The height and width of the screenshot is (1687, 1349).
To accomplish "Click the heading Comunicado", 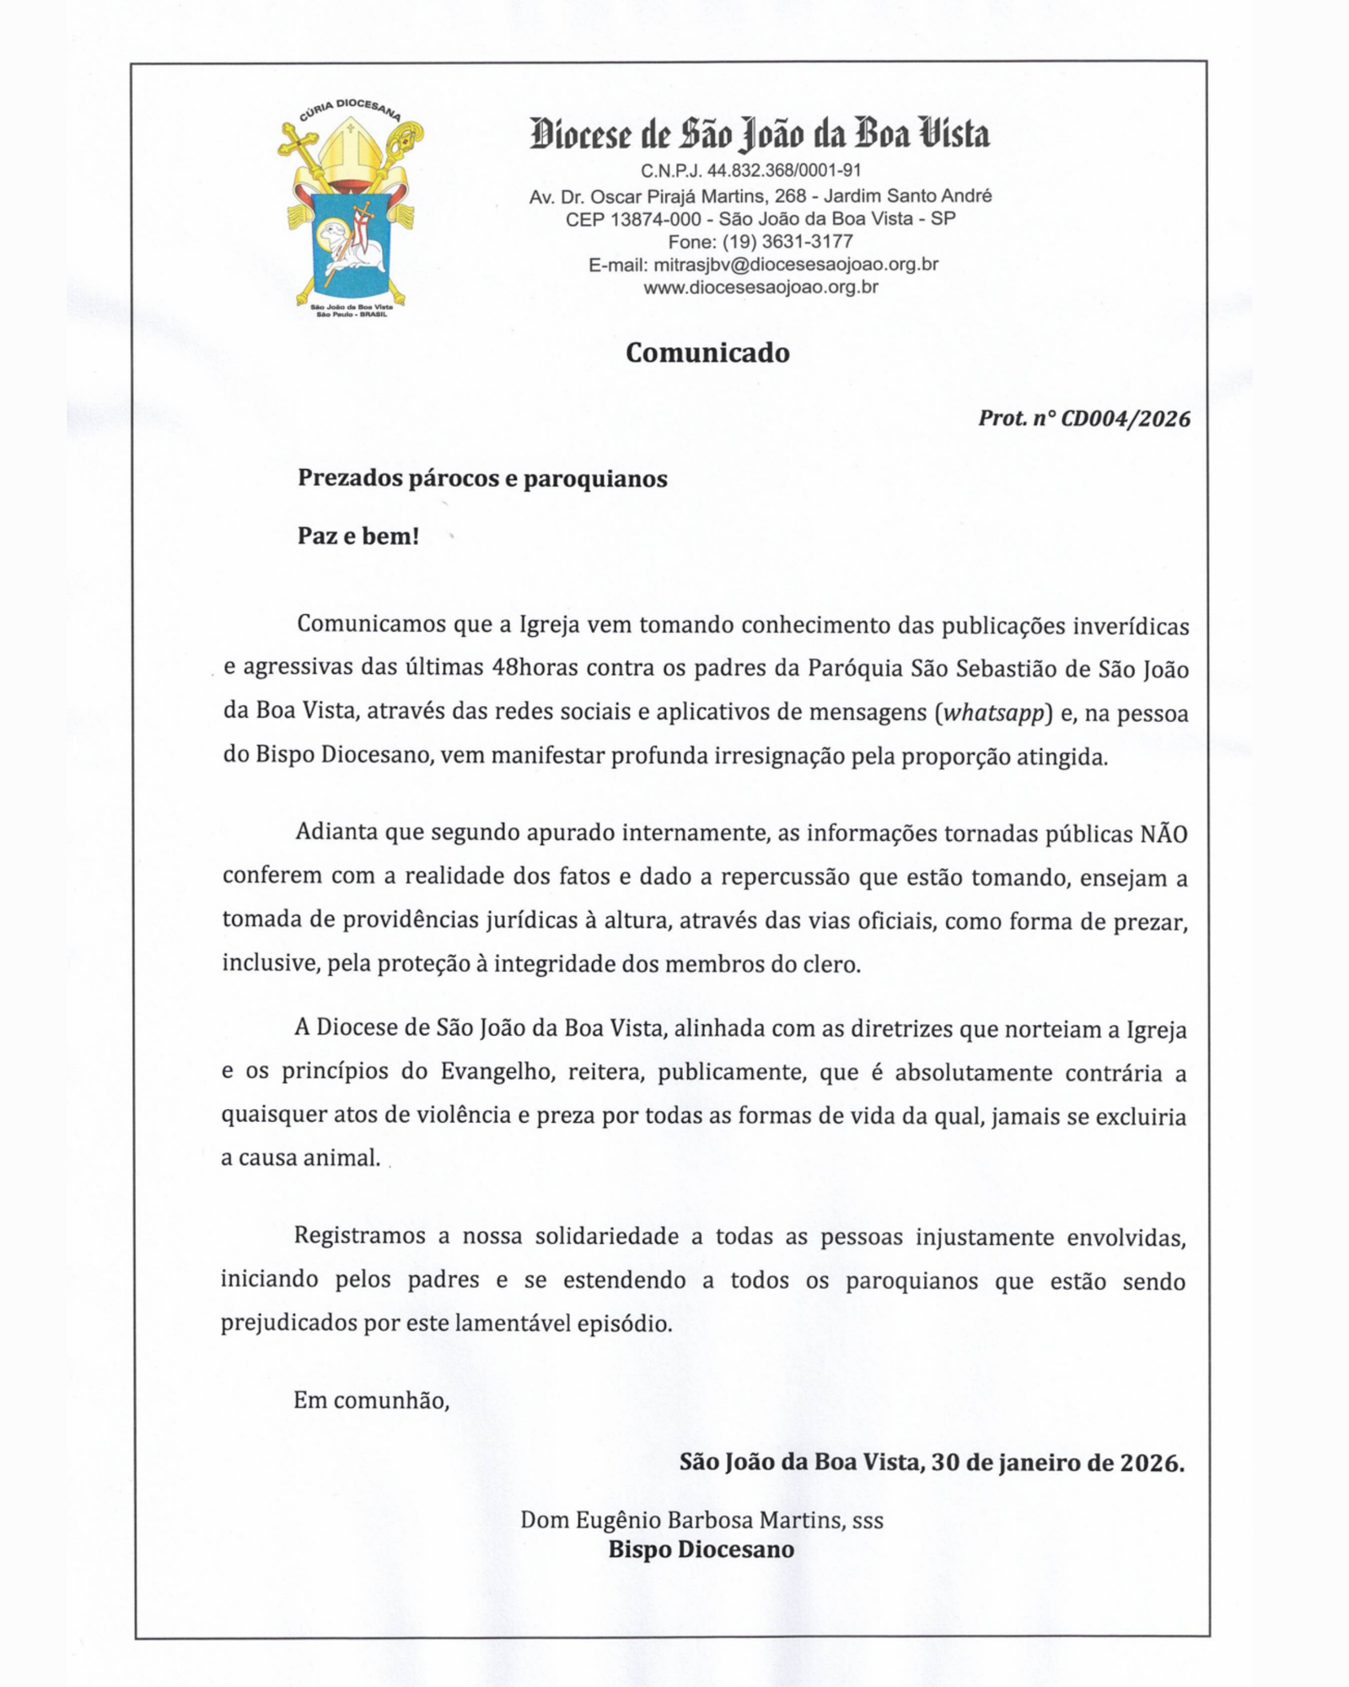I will click(707, 353).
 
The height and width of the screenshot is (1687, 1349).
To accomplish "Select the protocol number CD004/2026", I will click(1125, 418).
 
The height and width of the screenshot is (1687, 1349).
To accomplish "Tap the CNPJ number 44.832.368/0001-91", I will click(784, 171).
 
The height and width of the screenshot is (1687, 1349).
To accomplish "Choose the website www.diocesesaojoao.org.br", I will click(760, 288).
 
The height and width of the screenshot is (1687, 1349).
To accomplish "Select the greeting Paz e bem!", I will click(358, 536).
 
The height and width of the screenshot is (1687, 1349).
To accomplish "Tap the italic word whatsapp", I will click(994, 713).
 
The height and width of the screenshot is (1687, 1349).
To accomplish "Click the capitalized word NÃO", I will click(1164, 834).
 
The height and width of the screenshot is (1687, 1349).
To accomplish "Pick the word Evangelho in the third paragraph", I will click(496, 1072).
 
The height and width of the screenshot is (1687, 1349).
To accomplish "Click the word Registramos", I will click(359, 1237).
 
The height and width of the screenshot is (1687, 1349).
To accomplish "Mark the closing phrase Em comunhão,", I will click(371, 1401).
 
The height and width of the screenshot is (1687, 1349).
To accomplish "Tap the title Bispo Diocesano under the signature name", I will click(701, 1550).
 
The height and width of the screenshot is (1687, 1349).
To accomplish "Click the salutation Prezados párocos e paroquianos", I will click(482, 479).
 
